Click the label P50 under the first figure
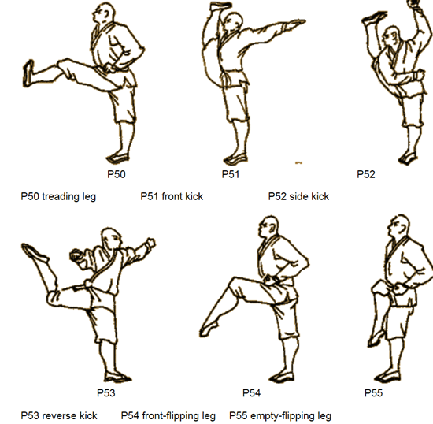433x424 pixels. point(116,174)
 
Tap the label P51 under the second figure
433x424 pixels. point(231,174)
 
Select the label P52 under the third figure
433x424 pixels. point(366,174)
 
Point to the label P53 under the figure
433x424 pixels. point(107,392)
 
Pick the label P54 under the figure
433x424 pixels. point(252,392)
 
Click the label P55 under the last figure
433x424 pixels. point(374,392)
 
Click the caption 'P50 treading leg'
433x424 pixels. point(58,196)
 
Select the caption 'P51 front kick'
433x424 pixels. point(172,196)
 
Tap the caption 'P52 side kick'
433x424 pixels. point(298,196)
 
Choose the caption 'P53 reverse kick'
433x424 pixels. point(59,415)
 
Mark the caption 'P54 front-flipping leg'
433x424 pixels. point(168,415)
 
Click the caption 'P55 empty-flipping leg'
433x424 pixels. point(280,415)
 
